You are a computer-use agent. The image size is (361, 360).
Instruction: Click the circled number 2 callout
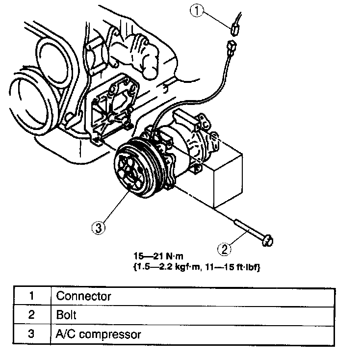point(224,249)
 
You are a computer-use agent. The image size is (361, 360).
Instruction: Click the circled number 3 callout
point(98,227)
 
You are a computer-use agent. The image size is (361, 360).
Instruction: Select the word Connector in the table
point(83,296)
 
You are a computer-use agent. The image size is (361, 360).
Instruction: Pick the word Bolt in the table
point(66,315)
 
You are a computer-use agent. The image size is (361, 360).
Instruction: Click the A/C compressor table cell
point(99,334)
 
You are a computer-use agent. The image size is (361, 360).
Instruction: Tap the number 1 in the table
point(30,296)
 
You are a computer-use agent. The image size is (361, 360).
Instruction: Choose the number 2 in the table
point(30,315)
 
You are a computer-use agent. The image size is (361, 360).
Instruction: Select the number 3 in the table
point(30,334)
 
